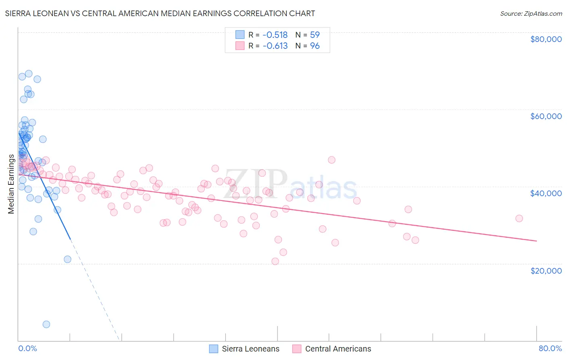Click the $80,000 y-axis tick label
click(546, 39)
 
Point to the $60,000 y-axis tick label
click(546, 116)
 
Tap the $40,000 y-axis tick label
click(546, 193)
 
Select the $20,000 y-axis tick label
click(546, 270)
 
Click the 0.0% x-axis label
click(27, 348)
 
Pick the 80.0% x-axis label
click(550, 348)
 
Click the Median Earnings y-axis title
click(11, 184)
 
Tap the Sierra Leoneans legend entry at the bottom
click(250, 349)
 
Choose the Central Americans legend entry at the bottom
click(338, 349)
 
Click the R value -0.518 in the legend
click(275, 35)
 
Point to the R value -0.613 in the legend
click(275, 46)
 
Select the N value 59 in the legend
click(315, 35)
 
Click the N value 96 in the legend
click(315, 46)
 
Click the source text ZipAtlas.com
click(543, 14)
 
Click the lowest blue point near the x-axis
click(46, 324)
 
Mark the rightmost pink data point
click(519, 218)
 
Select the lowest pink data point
click(275, 261)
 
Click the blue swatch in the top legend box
click(240, 35)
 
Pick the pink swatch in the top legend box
click(240, 46)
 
